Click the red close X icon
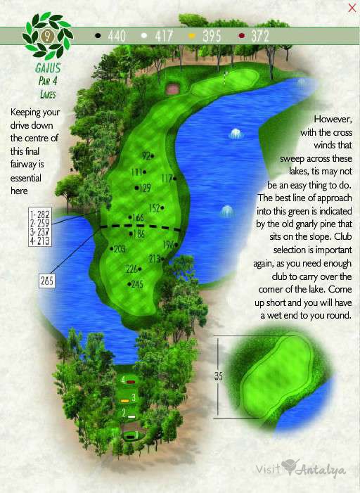352,8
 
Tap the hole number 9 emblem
47,34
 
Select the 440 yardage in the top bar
117,34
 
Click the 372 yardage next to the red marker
260,34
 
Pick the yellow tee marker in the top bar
192,34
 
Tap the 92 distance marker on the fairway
147,155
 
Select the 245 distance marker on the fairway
136,284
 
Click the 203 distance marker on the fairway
118,249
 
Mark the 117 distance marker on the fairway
167,179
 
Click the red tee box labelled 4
131,381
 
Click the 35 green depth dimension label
218,377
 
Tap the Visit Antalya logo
300,468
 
